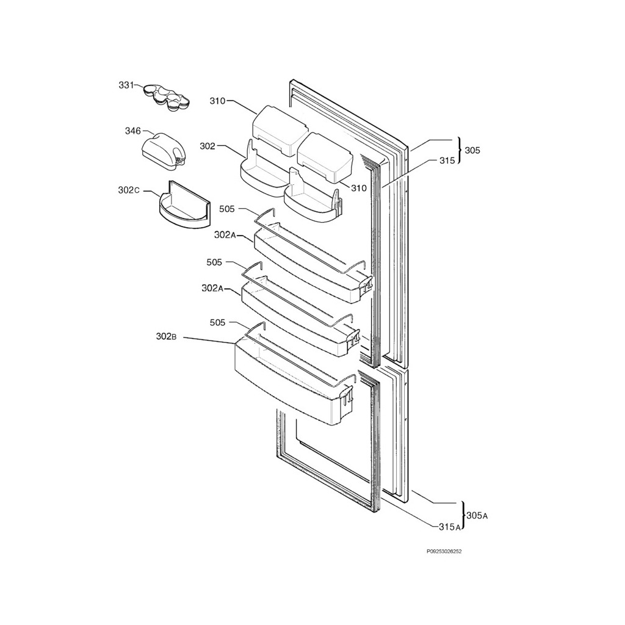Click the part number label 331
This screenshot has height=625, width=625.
126,85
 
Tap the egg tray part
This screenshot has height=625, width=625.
165,98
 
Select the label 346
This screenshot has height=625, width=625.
132,131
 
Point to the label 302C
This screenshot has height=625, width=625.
129,190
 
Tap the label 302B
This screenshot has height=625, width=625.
166,336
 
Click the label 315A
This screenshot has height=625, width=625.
450,526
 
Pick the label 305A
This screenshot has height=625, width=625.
477,516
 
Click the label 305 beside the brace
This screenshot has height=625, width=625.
472,150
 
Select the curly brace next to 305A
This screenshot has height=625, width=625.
463,515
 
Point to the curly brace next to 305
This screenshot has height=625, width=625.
459,150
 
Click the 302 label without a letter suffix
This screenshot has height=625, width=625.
207,146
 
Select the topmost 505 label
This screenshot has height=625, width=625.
227,209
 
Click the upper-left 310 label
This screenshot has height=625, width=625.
217,101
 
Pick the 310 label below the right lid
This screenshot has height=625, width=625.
359,188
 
